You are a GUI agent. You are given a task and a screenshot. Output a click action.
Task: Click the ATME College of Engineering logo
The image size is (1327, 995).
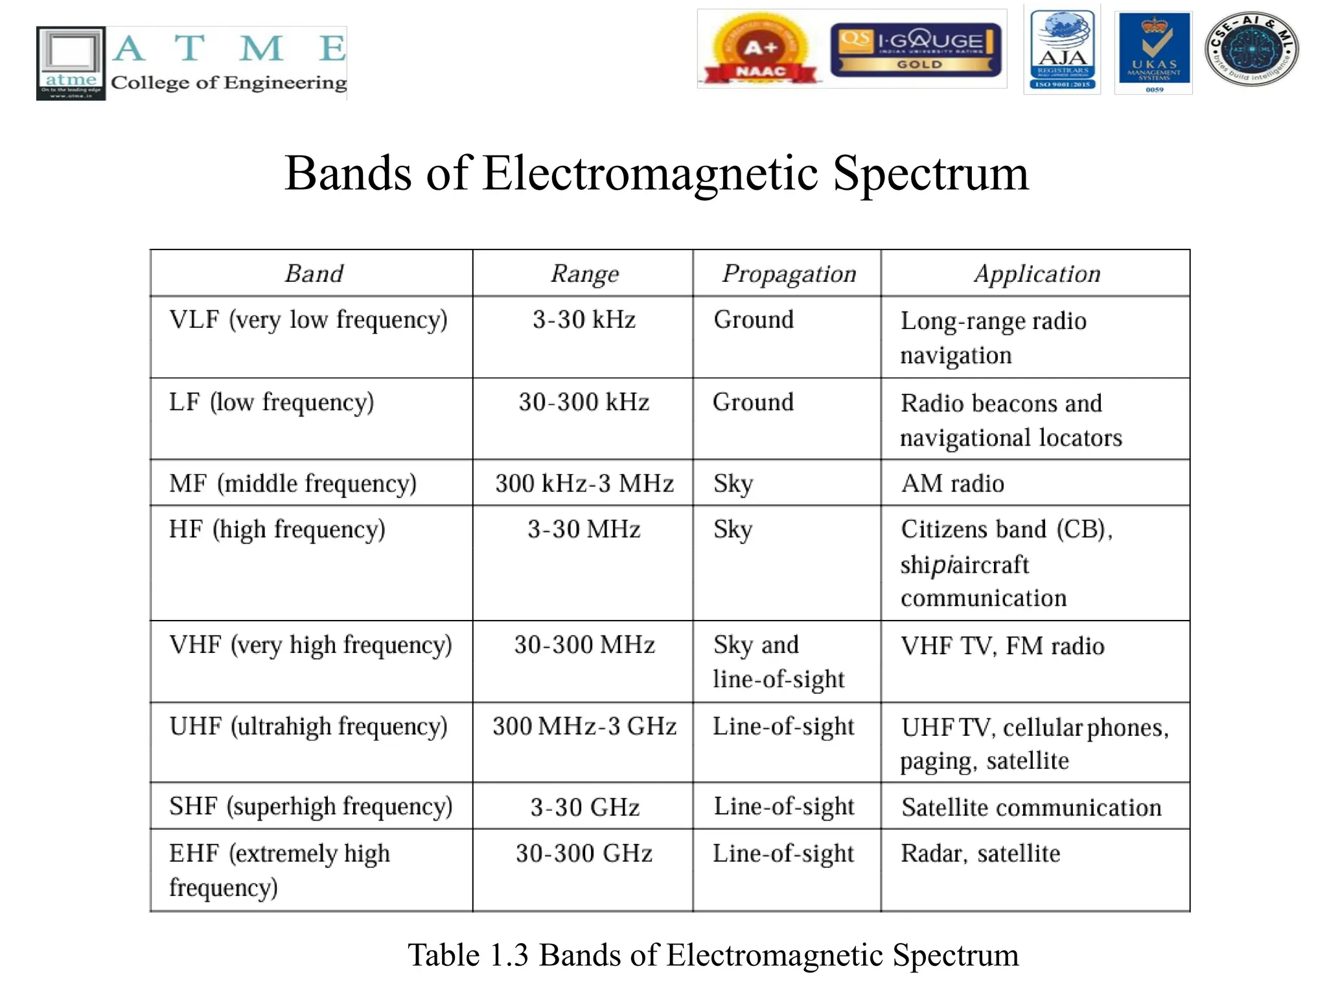(191, 63)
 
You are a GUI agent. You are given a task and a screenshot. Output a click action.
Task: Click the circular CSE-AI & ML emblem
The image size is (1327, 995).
(1251, 49)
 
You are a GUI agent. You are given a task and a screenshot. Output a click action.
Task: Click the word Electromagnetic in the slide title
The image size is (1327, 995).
(651, 174)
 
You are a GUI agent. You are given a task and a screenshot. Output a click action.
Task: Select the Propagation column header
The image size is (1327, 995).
(789, 274)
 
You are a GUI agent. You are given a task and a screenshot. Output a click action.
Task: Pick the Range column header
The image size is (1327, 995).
(584, 274)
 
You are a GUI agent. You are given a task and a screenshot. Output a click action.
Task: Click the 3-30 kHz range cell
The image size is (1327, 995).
(584, 320)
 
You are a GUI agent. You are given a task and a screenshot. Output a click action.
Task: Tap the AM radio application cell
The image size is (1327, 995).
(952, 484)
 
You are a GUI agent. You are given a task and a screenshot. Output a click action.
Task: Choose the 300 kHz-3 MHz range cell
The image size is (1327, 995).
(584, 484)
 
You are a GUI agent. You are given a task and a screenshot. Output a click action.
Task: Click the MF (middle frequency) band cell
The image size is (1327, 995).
(293, 484)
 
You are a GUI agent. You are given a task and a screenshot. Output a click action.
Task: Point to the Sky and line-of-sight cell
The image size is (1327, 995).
(778, 661)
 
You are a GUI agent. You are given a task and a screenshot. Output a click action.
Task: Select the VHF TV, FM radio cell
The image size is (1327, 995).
(1002, 646)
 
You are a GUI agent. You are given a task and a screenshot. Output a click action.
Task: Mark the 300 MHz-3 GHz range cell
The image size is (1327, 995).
(584, 727)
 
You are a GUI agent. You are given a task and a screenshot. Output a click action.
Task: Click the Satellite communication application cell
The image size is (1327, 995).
(1031, 808)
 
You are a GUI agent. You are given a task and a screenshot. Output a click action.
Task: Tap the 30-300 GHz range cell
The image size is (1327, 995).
(584, 854)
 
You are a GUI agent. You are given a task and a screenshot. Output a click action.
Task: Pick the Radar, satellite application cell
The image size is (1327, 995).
(980, 854)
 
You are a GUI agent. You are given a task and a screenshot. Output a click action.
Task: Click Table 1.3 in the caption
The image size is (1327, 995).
(468, 955)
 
